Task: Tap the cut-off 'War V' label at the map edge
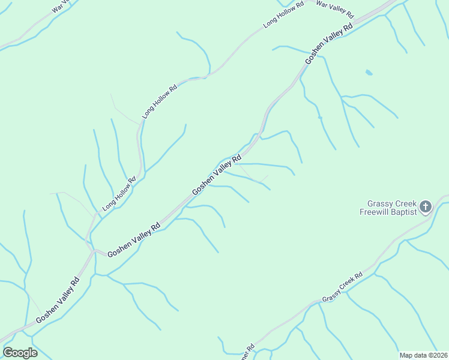(63, 6)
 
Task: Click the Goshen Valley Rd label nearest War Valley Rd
(328, 44)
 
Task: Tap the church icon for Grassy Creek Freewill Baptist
(425, 208)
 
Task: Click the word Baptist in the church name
(403, 212)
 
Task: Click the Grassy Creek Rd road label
(342, 288)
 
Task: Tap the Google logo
(20, 353)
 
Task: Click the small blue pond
(369, 73)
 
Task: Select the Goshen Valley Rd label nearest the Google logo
(57, 301)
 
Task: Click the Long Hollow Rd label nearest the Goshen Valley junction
(119, 194)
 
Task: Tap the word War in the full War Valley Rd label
(322, 5)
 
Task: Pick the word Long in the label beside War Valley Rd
(270, 24)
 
